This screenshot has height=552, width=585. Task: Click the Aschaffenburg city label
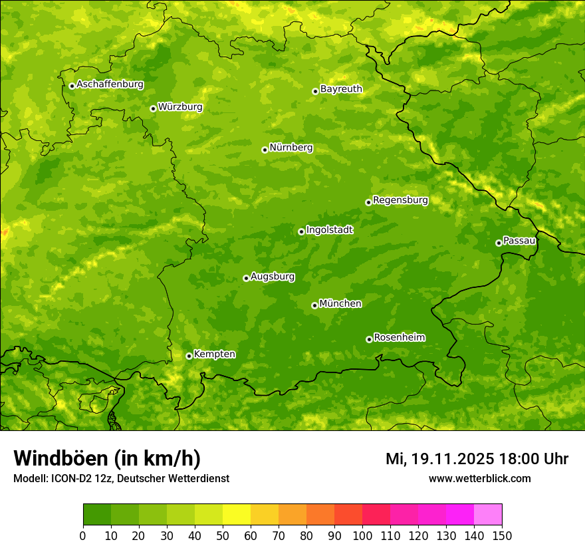tap(110, 84)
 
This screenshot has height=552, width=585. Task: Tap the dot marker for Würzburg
tap(153, 108)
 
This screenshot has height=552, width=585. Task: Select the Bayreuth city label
tap(341, 89)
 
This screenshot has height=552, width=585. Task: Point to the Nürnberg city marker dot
tap(265, 150)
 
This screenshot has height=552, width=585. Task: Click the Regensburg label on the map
tap(400, 200)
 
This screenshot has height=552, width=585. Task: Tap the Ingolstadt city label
tap(329, 230)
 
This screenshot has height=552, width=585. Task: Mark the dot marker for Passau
tap(499, 243)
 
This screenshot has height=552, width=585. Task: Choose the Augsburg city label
tap(273, 277)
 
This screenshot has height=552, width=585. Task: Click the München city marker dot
tap(314, 305)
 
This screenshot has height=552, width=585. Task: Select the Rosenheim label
tap(399, 338)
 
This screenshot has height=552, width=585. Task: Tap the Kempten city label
tap(214, 354)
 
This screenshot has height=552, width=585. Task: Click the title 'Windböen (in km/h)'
tap(107, 458)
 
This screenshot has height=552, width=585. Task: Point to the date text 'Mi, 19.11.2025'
tap(439, 459)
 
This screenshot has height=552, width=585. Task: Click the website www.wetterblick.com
tap(479, 478)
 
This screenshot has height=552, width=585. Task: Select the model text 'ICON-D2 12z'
tap(79, 478)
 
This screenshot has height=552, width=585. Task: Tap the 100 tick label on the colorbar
tap(362, 536)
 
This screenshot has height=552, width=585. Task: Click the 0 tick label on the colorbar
tap(83, 536)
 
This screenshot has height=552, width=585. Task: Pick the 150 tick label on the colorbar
tap(502, 536)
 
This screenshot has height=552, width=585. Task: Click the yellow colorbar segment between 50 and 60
tap(237, 515)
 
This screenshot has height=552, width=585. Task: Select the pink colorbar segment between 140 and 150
tap(488, 515)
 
